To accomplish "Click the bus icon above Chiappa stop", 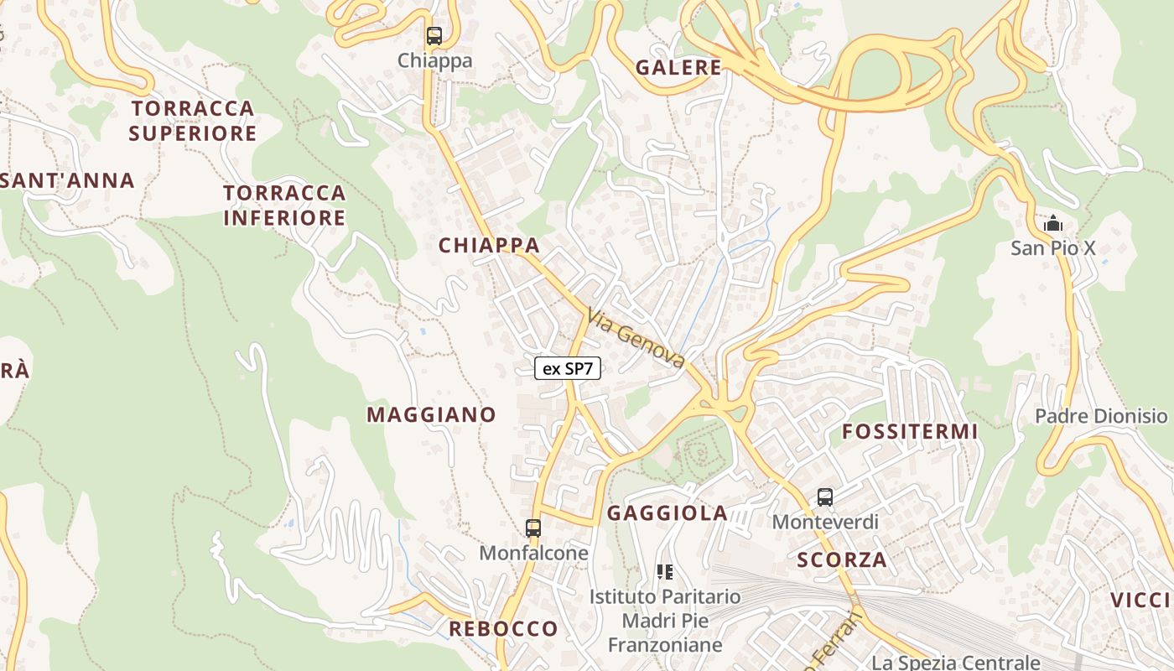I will point(434,36).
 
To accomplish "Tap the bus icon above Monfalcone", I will point(533,528).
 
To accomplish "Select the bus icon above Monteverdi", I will point(825,497).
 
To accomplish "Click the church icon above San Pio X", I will point(1052,224).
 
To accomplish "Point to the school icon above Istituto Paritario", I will point(665,572).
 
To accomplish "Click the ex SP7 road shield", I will point(568,368).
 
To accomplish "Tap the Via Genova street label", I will point(636,338).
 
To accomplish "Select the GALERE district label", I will point(678,68).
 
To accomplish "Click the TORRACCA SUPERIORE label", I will point(193,121).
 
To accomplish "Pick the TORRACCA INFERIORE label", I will point(284,205).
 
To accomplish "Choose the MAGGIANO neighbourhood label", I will point(431,414).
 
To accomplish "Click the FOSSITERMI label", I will point(910,432).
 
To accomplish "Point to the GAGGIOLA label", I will point(667,513).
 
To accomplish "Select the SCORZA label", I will point(842,560).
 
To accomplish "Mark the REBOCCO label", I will point(503,629).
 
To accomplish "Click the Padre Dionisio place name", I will point(1100,416).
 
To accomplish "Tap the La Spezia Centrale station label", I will point(955,663).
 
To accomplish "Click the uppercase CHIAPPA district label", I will point(489,246).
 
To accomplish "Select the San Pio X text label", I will point(1052,248).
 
